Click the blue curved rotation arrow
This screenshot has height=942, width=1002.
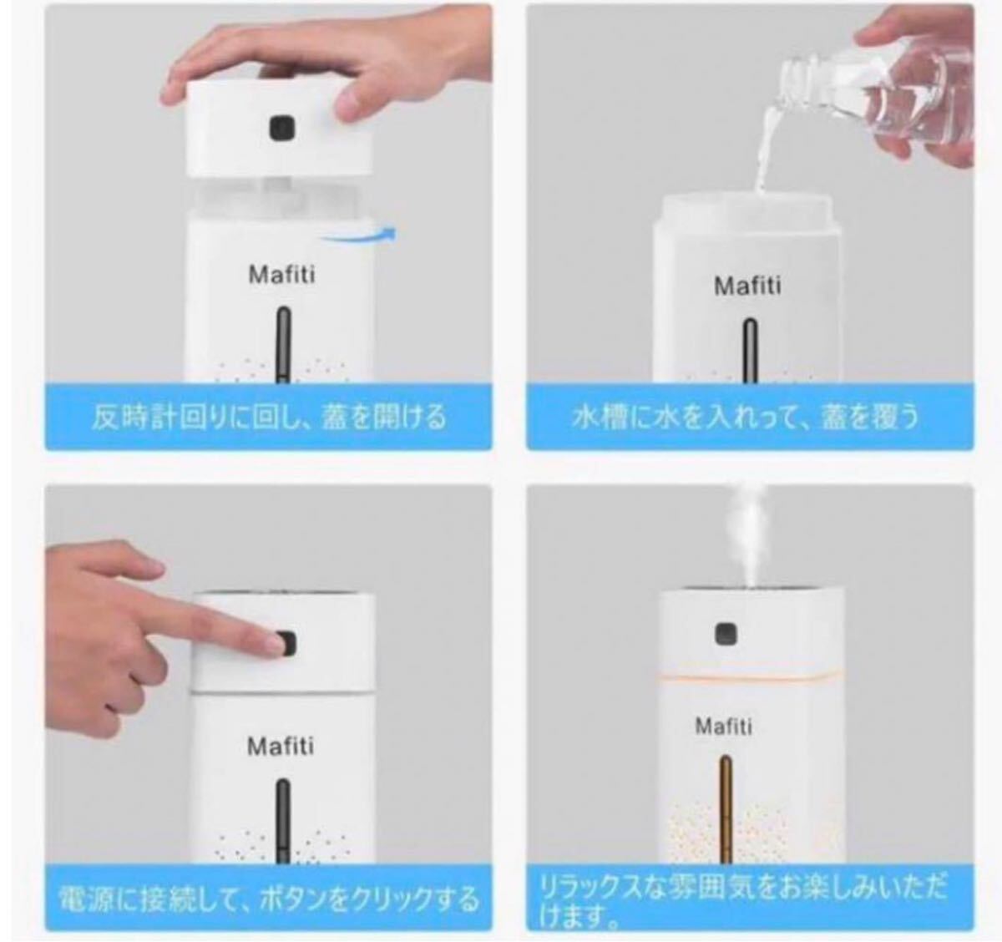click(359, 235)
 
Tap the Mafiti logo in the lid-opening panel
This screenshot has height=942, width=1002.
click(282, 275)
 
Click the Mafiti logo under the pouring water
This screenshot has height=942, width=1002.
click(747, 286)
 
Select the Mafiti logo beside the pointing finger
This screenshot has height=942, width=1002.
click(281, 746)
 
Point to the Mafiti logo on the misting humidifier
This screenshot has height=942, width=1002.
click(723, 726)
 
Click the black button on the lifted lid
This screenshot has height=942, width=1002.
click(282, 129)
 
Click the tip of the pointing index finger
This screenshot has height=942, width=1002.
click(278, 644)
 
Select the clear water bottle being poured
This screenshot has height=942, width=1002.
click(868, 96)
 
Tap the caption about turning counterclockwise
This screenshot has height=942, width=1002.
click(269, 418)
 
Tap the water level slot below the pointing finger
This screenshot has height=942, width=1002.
click(284, 818)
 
